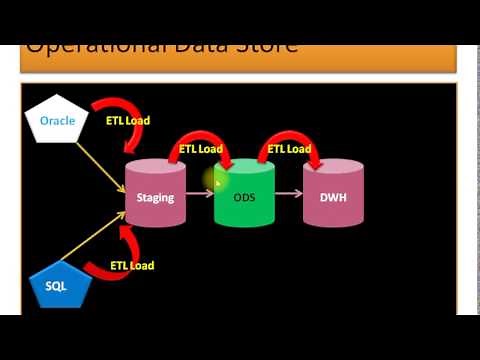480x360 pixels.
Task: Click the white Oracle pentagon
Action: (x=57, y=121)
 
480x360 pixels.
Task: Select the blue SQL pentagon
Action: (x=56, y=286)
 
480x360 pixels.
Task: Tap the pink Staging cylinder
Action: (x=155, y=196)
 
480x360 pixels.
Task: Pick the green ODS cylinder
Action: (x=244, y=196)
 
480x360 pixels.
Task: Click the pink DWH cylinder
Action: (x=332, y=196)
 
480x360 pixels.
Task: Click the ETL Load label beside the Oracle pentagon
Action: (x=128, y=121)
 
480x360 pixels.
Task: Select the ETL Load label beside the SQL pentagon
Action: (x=132, y=266)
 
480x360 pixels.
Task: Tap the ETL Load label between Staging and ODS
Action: (x=201, y=149)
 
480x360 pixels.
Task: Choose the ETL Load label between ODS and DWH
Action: (x=289, y=149)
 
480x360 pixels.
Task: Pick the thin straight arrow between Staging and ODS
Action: (x=200, y=197)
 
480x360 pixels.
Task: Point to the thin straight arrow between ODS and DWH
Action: (x=289, y=197)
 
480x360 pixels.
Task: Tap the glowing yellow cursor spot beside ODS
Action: (x=215, y=181)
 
